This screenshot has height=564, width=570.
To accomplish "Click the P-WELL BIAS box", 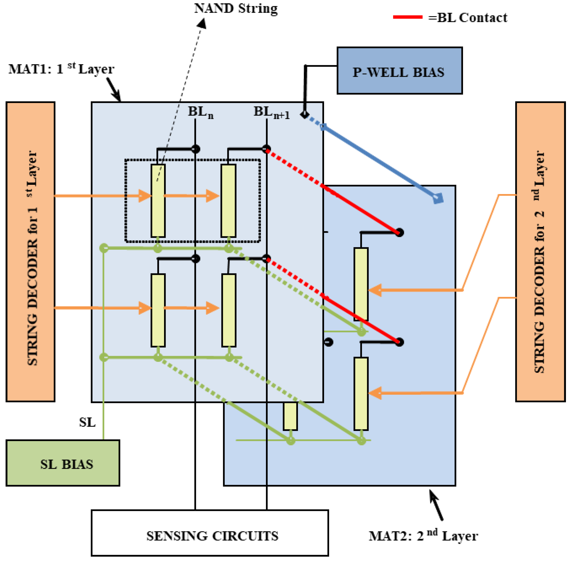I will click(x=399, y=71).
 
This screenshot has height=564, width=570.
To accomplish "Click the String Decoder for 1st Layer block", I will click(x=30, y=252).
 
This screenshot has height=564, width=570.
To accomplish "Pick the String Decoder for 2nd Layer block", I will click(x=540, y=252).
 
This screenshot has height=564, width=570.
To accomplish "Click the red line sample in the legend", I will click(x=407, y=17).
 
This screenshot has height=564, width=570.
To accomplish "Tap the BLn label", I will click(x=201, y=112).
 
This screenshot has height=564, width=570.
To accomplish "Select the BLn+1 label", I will click(x=271, y=112).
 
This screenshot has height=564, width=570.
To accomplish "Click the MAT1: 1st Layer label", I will click(x=61, y=69).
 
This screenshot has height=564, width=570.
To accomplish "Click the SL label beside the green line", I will click(x=87, y=422).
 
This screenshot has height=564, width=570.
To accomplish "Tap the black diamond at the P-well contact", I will click(x=305, y=114).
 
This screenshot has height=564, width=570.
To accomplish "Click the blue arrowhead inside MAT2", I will click(x=438, y=198).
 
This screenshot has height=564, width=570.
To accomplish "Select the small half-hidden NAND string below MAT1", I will click(x=290, y=416).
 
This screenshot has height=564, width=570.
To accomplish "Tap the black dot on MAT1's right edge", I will click(x=328, y=342).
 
